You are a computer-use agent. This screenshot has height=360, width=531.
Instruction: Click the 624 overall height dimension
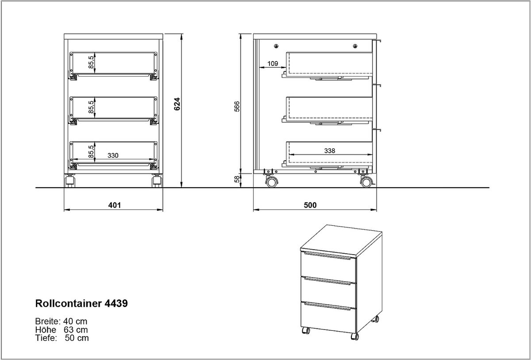coord(177,104)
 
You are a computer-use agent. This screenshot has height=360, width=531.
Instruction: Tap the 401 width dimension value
coord(115,205)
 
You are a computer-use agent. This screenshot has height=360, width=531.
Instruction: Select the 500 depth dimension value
coord(310,205)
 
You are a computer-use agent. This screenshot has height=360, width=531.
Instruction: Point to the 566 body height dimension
coord(237,106)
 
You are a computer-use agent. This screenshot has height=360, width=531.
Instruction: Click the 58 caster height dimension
coord(237,179)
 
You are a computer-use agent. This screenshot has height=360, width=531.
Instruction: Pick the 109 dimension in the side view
coord(273,64)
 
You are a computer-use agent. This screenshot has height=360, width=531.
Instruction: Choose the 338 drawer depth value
coord(330,151)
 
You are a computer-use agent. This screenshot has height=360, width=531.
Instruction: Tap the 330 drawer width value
coord(113,155)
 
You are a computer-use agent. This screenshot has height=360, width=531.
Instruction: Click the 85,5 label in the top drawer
coord(91,62)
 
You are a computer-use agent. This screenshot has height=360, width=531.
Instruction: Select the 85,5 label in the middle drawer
coord(91,107)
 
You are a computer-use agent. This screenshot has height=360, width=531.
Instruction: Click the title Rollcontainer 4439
coord(81,303)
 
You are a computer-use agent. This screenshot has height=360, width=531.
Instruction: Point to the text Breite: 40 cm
coord(61,321)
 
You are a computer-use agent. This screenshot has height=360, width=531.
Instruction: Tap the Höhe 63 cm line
coord(62,329)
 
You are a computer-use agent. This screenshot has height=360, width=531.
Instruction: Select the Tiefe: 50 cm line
coord(62,338)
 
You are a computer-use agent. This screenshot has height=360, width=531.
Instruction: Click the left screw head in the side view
coord(276,46)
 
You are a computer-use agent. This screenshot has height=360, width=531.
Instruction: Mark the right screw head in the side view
coord(355,46)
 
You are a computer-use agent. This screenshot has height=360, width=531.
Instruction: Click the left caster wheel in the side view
coord(272,182)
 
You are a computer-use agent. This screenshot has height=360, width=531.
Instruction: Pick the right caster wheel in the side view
coord(366,182)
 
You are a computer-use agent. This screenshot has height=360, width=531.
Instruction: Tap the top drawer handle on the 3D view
coord(327,256)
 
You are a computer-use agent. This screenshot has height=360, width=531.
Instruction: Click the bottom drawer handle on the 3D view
coord(327,306)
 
